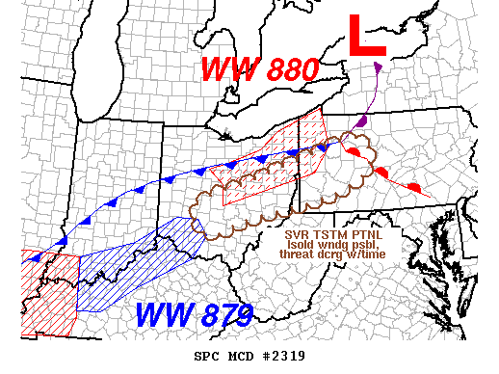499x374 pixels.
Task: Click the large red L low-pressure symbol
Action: [x=366, y=37]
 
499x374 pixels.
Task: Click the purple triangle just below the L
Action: [x=376, y=67]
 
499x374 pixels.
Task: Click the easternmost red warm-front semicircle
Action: [x=414, y=185]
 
